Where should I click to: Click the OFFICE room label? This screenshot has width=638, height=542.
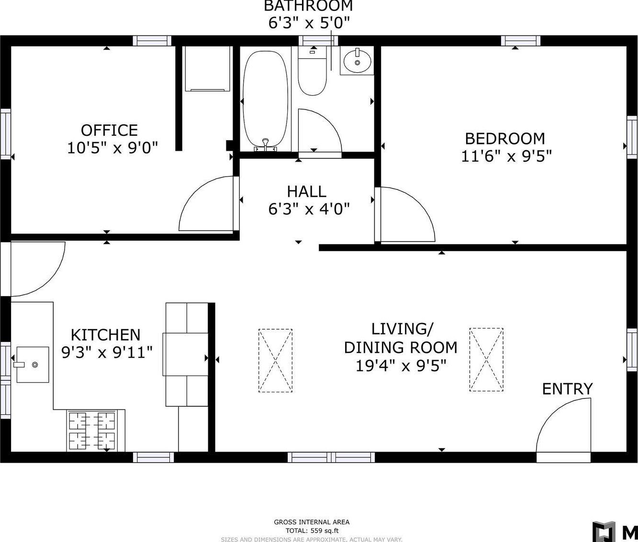click(x=109, y=130)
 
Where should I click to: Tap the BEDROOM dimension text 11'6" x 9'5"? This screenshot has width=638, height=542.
click(x=506, y=156)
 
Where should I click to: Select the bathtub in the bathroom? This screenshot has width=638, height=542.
click(x=266, y=101)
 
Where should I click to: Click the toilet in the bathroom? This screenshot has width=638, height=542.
click(x=313, y=74)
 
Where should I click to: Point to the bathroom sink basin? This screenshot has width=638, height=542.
click(x=358, y=60)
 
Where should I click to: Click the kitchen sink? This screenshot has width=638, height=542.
click(x=33, y=365)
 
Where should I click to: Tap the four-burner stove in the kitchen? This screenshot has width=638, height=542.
click(x=92, y=431)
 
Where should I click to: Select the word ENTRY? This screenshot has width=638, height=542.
click(x=567, y=389)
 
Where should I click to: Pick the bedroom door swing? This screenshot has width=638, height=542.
click(x=404, y=215)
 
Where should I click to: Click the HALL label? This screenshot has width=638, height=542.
click(x=306, y=191)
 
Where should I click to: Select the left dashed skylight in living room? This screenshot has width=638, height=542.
click(x=275, y=360)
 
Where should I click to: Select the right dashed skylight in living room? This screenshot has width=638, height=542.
click(x=486, y=360)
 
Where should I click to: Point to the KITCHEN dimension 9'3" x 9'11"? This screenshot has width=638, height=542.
click(x=107, y=353)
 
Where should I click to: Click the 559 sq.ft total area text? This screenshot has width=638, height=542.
click(x=312, y=530)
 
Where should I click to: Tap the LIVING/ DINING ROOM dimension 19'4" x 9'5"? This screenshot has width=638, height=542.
click(x=401, y=366)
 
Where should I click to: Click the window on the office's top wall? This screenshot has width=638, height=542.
click(x=152, y=41)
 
